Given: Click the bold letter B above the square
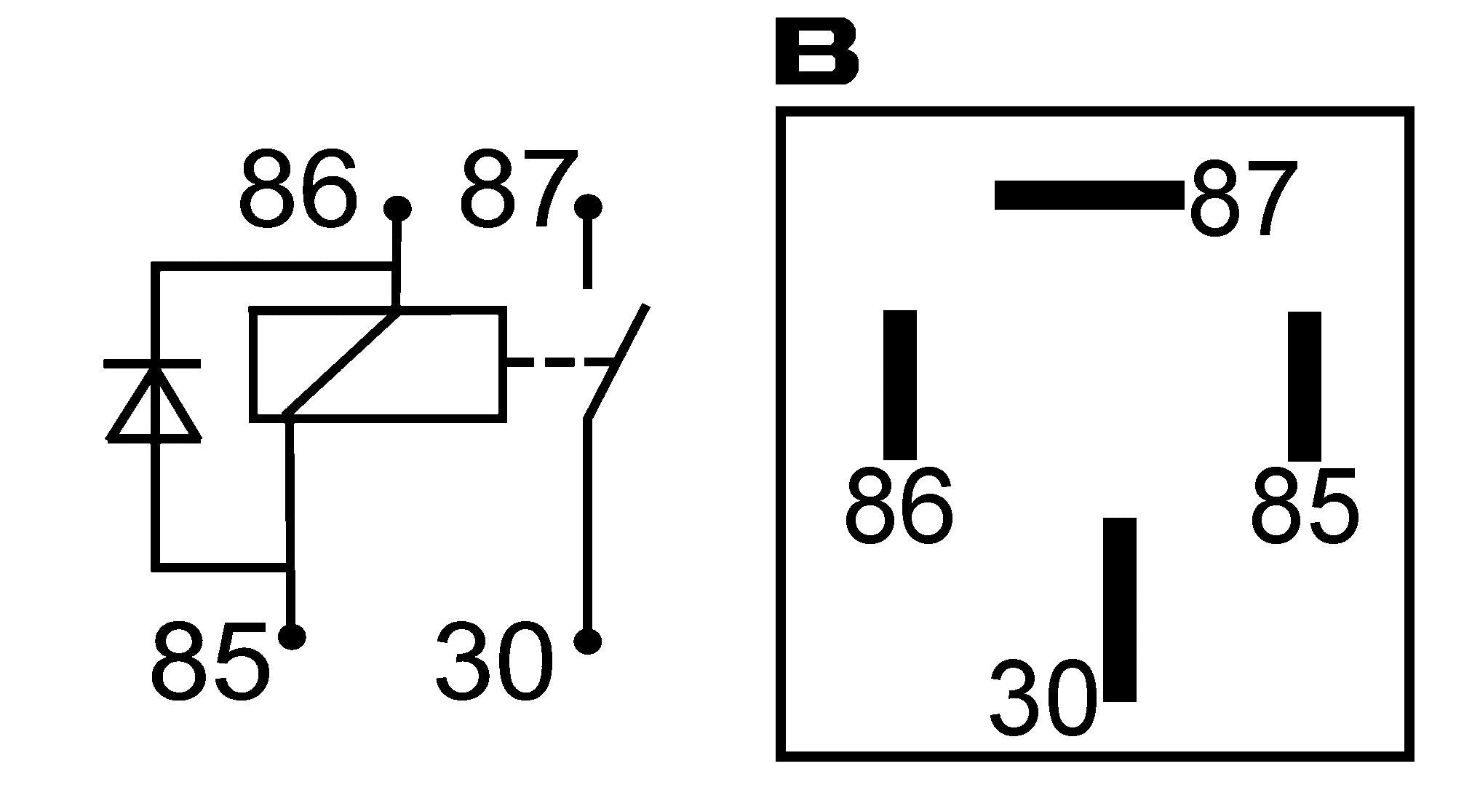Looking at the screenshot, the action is tap(817, 53).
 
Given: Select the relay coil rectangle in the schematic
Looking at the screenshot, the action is tap(378, 364).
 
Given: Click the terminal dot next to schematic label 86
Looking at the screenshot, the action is tap(397, 209).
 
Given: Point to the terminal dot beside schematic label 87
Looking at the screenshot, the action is tap(588, 207).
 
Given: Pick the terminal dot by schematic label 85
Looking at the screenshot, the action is tap(292, 636).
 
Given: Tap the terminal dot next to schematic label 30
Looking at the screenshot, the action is tap(587, 641).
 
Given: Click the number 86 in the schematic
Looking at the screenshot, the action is tap(298, 188).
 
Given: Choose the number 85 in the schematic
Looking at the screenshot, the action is tap(210, 660).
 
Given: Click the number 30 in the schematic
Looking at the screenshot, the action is tap(495, 660).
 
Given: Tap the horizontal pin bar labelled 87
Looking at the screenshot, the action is tap(1089, 195).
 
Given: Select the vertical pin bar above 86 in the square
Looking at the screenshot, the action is tap(900, 384).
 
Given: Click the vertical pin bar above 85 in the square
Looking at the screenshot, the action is tap(1305, 386).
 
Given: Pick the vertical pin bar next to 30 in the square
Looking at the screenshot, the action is tap(1120, 609).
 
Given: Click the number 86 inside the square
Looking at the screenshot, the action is tap(899, 505).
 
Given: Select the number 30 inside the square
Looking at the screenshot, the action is tap(1043, 697).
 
